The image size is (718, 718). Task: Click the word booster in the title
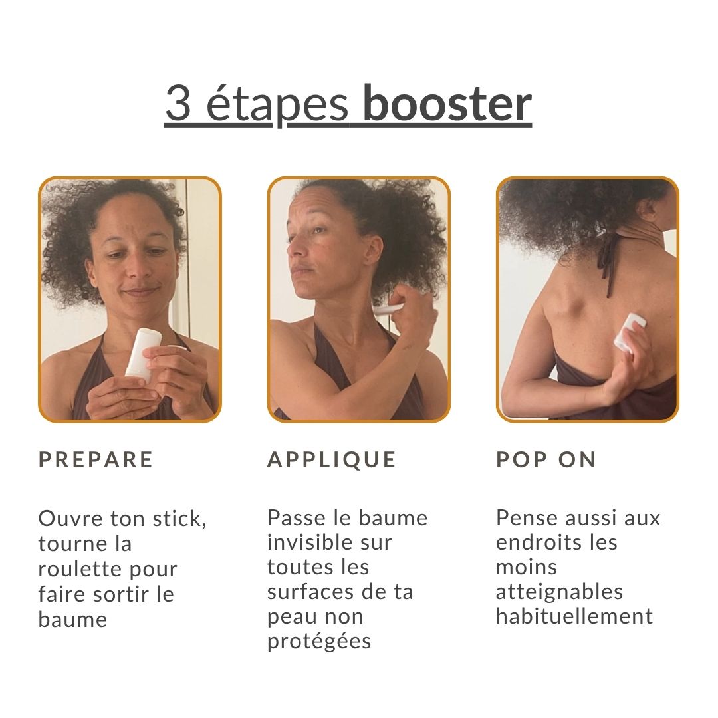(447, 104)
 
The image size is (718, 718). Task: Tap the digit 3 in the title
(178, 104)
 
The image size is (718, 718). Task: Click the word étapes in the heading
(277, 104)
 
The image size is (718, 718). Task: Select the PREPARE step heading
(96, 460)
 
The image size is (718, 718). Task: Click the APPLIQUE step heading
(332, 460)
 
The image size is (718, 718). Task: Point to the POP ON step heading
(546, 460)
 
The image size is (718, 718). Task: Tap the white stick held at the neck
(388, 308)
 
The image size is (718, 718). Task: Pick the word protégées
(319, 642)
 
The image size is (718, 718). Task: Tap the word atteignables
(560, 592)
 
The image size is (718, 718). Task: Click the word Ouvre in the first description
(70, 519)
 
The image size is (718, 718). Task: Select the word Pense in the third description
(527, 518)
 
